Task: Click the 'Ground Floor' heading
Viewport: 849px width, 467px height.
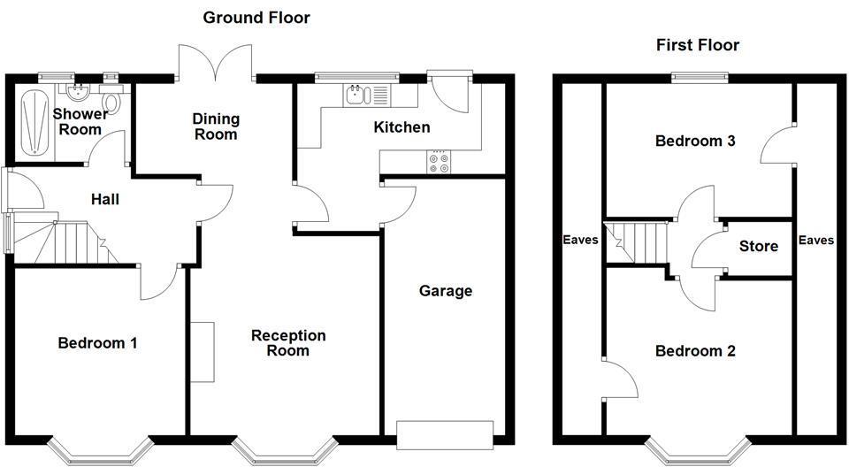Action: pos(256,17)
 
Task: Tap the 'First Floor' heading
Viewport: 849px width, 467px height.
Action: pos(698,44)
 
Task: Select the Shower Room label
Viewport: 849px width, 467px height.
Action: pos(80,121)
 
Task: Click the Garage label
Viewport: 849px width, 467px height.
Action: pos(446,291)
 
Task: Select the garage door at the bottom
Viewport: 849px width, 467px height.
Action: pos(445,433)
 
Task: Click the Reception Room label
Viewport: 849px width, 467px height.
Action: pos(288,343)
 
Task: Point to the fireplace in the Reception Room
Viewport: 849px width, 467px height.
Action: pos(202,352)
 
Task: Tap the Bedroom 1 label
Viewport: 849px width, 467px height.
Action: pos(97,343)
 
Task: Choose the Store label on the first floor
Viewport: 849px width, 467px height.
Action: pos(758,246)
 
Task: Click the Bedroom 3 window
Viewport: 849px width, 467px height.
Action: pos(699,77)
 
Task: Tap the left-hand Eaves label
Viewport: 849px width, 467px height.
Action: pos(581,240)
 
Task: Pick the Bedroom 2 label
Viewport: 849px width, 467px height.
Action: pos(695,351)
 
